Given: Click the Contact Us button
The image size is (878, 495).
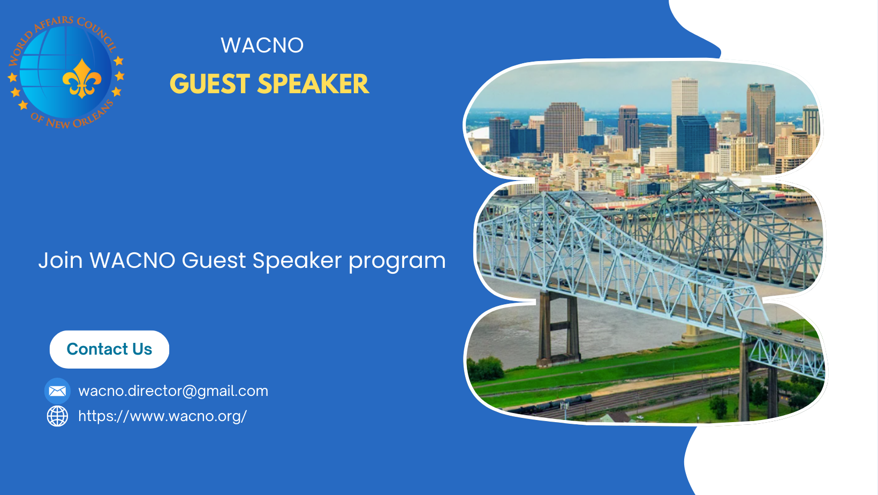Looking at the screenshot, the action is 109,349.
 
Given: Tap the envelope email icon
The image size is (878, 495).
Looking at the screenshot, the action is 57,391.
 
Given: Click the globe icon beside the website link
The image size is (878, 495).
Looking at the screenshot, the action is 57,416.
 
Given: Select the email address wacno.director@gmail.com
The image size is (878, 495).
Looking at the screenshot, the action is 173,392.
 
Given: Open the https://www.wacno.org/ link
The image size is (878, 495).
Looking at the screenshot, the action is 163,416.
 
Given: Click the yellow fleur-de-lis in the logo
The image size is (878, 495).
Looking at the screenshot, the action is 82,79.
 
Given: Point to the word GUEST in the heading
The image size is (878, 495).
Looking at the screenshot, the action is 210,84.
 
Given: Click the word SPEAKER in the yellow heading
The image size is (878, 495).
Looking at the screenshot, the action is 313,84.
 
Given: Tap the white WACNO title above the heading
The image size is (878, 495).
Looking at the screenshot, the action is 262,45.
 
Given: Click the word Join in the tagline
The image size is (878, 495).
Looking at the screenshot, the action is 60,260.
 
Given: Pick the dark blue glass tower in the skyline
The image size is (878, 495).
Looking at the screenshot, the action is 693,143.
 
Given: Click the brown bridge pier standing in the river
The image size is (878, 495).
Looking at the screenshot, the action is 558,329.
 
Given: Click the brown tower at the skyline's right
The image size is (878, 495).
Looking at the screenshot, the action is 760,113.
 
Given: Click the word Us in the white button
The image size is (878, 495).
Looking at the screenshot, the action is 142,349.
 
